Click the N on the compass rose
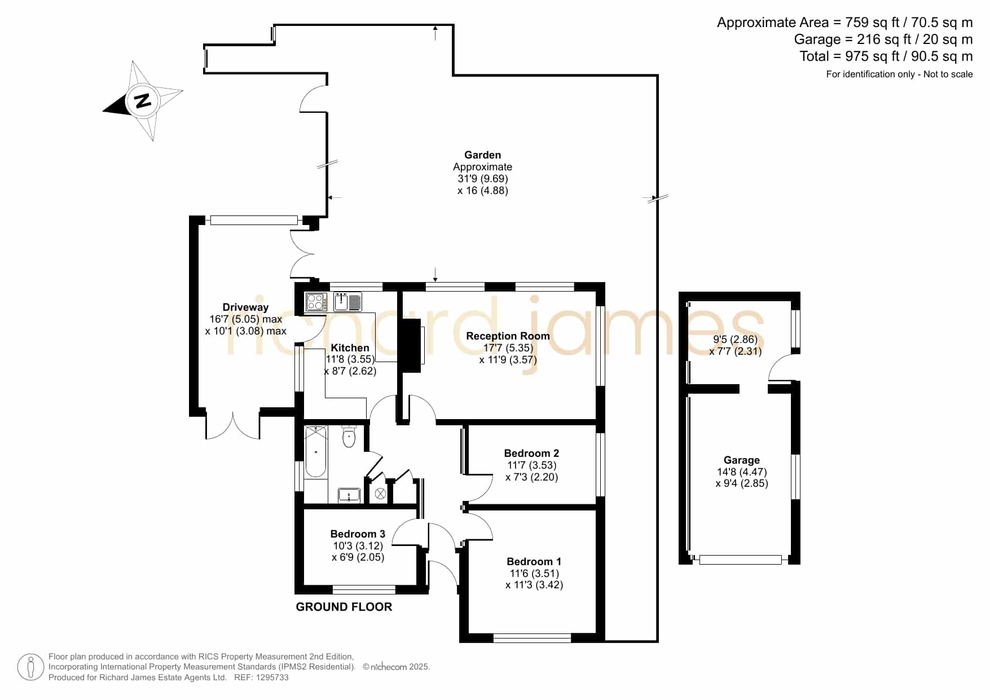142,101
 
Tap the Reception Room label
508,336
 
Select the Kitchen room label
350,347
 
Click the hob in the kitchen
316,302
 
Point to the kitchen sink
347,302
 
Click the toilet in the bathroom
349,436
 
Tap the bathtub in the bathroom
315,452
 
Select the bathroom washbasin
349,495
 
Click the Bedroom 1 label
534,561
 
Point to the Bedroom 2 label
531,453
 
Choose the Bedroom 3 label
358,534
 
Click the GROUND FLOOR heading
344,607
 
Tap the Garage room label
742,460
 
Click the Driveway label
245,307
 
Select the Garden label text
482,155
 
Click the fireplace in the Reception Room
411,345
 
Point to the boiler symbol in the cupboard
380,494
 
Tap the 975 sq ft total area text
868,56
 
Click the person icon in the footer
30,667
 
